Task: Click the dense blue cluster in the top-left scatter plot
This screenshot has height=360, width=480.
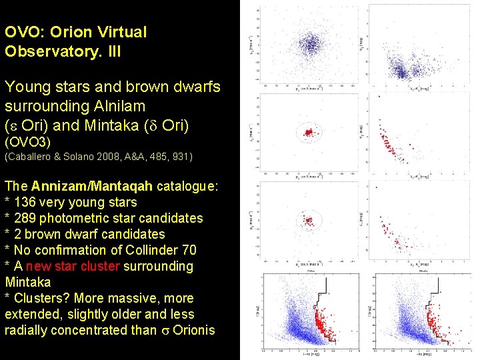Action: [x=308, y=45]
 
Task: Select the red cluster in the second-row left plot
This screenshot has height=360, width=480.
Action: [x=308, y=133]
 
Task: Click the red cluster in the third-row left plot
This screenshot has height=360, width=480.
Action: [x=307, y=219]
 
